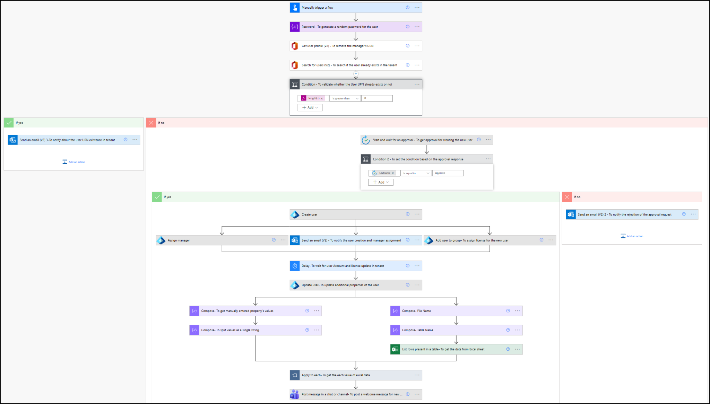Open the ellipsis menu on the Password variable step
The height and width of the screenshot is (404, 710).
point(417,27)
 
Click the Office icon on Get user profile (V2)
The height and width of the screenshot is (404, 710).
point(295,46)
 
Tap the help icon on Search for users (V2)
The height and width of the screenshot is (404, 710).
point(407,65)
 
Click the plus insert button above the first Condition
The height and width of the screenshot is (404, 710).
point(356,74)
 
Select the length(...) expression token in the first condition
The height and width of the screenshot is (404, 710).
point(313,98)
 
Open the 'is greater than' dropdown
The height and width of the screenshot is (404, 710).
point(345,98)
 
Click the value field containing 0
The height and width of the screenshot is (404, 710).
point(377,98)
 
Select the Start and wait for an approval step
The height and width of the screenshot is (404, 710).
point(422,140)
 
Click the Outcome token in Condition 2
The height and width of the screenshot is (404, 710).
point(384,173)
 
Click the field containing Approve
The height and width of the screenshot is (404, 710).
point(448,173)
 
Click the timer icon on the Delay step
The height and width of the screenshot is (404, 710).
point(295,266)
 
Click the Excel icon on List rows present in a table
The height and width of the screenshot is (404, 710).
point(395,349)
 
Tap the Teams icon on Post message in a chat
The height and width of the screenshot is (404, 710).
point(295,394)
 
